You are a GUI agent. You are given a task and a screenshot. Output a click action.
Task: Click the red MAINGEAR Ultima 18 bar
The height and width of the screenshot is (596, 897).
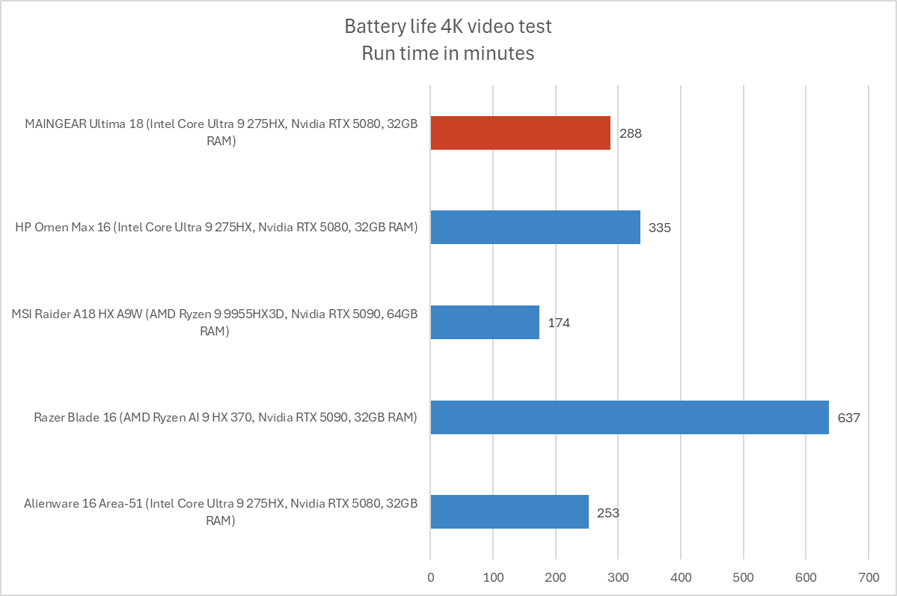521,133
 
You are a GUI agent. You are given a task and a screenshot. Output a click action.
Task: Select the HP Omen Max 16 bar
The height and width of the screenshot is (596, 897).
535,227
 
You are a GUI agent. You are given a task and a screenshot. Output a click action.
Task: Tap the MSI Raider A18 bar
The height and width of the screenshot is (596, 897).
485,322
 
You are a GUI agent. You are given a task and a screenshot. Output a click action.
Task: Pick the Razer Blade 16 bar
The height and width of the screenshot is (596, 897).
629,417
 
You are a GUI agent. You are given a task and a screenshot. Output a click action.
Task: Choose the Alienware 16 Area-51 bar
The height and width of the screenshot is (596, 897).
509,512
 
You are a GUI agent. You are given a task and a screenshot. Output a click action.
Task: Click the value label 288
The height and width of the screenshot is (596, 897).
631,134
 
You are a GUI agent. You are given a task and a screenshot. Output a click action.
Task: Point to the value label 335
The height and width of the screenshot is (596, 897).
660,228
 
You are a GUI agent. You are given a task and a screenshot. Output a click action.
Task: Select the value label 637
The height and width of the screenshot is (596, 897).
849,418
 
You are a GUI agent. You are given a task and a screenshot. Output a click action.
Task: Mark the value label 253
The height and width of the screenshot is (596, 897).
608,513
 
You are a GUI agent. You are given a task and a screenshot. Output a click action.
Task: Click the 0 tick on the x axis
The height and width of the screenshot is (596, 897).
430,577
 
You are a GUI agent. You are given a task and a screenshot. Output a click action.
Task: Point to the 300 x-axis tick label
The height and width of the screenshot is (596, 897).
618,577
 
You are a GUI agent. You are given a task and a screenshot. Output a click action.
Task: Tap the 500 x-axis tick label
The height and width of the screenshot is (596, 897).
743,577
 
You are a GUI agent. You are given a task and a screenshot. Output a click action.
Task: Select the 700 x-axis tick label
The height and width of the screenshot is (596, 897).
869,577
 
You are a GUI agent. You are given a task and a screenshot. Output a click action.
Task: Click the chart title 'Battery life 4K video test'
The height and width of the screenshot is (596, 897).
448,27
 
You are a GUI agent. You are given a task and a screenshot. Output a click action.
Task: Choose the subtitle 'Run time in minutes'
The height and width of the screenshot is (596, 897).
448,53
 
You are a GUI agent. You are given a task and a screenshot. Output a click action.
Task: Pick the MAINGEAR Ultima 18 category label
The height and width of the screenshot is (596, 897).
220,133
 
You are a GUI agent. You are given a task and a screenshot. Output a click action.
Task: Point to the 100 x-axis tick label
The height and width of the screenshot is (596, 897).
492,577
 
